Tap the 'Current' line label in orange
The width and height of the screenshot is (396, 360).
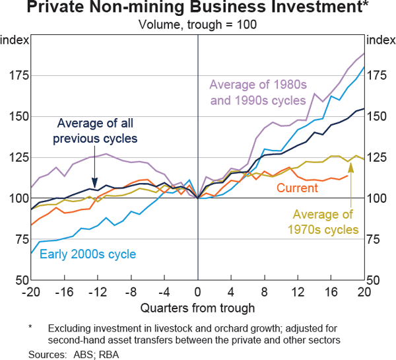297,189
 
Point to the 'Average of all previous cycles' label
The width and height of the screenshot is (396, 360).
97,131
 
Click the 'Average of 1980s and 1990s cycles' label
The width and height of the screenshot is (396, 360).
257,92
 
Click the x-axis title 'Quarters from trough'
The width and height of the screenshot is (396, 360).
198,307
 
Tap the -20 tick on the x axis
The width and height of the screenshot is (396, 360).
31,291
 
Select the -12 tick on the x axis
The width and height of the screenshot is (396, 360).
98,291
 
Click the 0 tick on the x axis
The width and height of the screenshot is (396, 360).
198,291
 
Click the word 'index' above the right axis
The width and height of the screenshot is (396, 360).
381,40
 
